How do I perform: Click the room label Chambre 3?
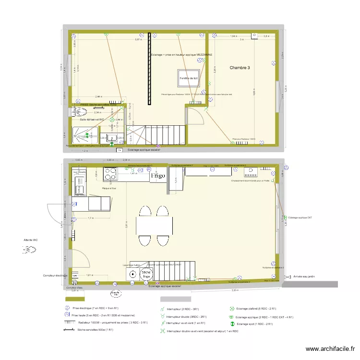[240, 68]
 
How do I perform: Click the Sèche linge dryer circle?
[146, 274]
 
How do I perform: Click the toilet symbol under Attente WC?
[29, 250]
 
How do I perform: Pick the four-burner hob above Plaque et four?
[109, 173]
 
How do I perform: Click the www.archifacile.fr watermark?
[331, 349]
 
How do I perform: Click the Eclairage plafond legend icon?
[232, 309]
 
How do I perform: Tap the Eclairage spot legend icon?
[232, 324]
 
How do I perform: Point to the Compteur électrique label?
[55, 276]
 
